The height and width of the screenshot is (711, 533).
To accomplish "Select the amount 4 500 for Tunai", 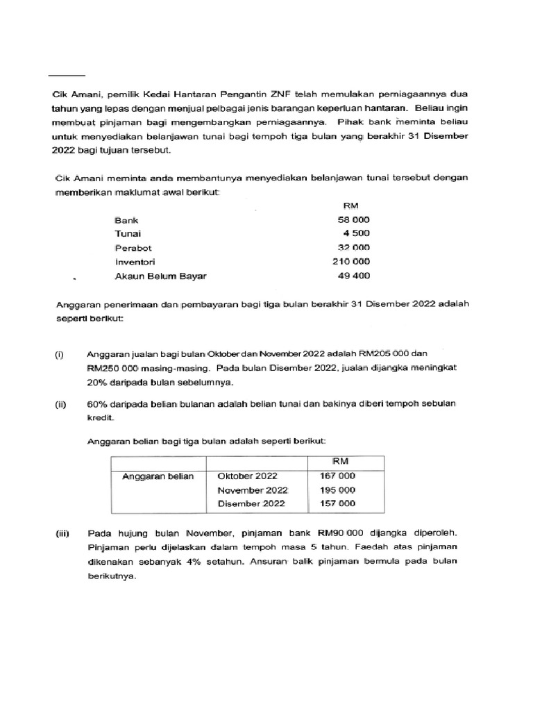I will click(x=355, y=233).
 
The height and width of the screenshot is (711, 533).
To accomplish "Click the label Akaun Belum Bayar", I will click(x=160, y=276).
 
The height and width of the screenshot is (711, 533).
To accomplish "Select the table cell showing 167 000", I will click(x=337, y=476).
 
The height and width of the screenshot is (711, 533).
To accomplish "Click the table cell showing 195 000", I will click(x=337, y=490).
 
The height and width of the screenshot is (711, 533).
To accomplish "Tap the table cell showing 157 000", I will click(x=337, y=503).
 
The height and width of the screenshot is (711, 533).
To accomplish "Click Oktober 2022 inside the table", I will click(x=247, y=476).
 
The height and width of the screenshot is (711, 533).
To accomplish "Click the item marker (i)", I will click(x=60, y=354).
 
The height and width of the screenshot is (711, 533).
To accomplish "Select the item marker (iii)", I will click(x=61, y=534).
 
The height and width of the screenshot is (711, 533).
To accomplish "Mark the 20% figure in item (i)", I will click(x=98, y=383).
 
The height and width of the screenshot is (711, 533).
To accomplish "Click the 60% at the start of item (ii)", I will click(x=97, y=404).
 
